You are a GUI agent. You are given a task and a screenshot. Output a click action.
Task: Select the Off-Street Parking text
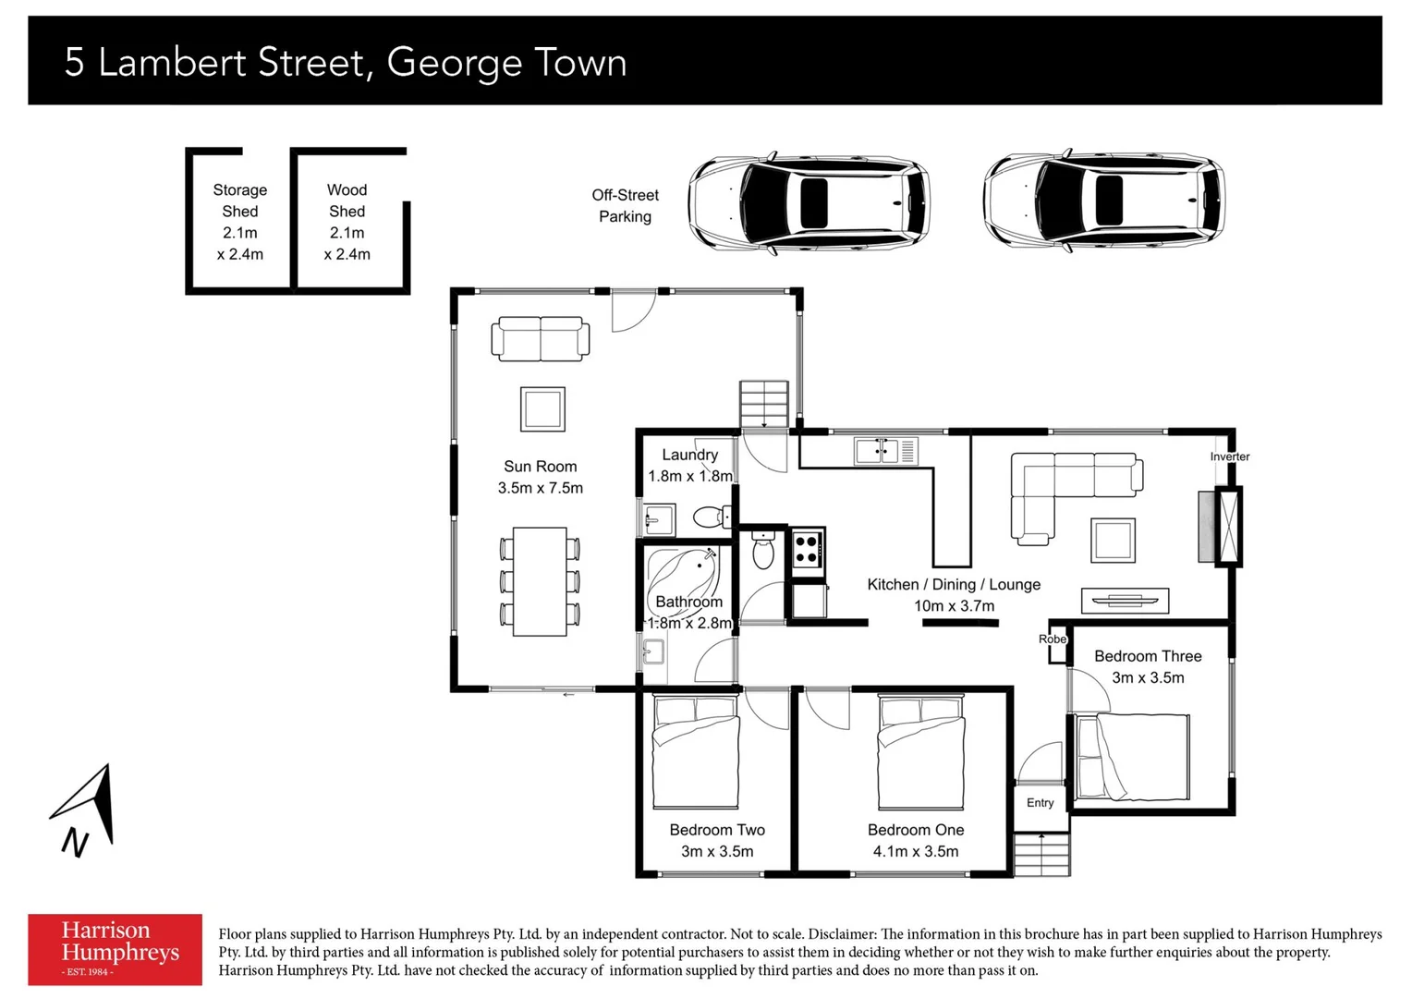point(625,206)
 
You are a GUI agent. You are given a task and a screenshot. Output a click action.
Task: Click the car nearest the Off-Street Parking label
point(809,201)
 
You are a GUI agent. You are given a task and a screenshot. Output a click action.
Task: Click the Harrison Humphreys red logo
point(115,949)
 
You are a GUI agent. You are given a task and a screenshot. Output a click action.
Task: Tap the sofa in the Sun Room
point(540,338)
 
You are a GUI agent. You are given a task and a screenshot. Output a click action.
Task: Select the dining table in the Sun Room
point(540,581)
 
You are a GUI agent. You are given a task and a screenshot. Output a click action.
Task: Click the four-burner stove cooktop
point(807,551)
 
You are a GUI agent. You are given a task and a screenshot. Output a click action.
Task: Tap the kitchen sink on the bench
point(876,451)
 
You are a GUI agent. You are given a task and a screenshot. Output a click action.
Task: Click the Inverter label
point(1229,456)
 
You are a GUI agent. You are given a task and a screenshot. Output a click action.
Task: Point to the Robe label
point(1052,639)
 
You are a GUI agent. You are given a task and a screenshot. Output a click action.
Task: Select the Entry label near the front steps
point(1040,802)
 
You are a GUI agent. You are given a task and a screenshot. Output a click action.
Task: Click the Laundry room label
point(689,455)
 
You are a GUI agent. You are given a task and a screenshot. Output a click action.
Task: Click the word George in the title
point(454,63)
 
